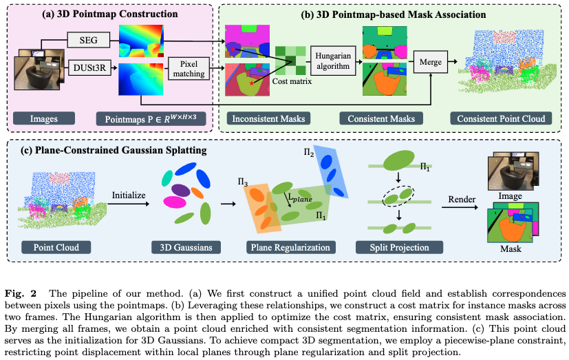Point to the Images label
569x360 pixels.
(x=44, y=118)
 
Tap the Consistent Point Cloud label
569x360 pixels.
(x=501, y=118)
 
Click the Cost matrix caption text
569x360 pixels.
(x=292, y=81)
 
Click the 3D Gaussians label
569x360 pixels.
(x=182, y=247)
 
